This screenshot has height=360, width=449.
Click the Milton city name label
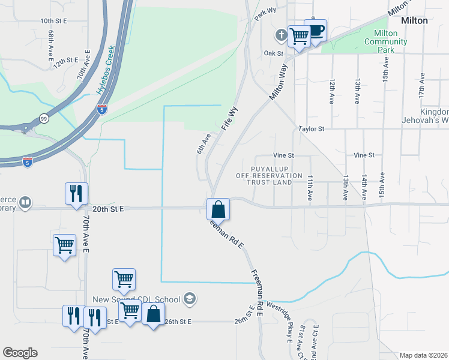click(x=414, y=20)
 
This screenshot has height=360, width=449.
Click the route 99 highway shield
click(x=44, y=119)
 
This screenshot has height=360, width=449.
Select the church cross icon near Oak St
click(x=280, y=34)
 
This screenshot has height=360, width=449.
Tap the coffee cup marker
click(x=315, y=30)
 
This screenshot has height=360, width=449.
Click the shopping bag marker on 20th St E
click(x=218, y=209)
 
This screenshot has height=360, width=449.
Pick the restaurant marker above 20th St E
click(x=77, y=194)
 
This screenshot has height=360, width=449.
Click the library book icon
click(x=25, y=202)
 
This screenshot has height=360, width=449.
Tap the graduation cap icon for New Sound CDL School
click(x=190, y=299)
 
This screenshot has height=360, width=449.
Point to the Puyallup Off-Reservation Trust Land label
click(x=270, y=175)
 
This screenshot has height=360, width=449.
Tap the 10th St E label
click(x=53, y=21)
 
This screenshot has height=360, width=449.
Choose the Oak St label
click(x=273, y=53)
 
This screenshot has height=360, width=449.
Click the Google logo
click(x=20, y=353)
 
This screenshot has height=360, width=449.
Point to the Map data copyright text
click(x=424, y=355)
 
